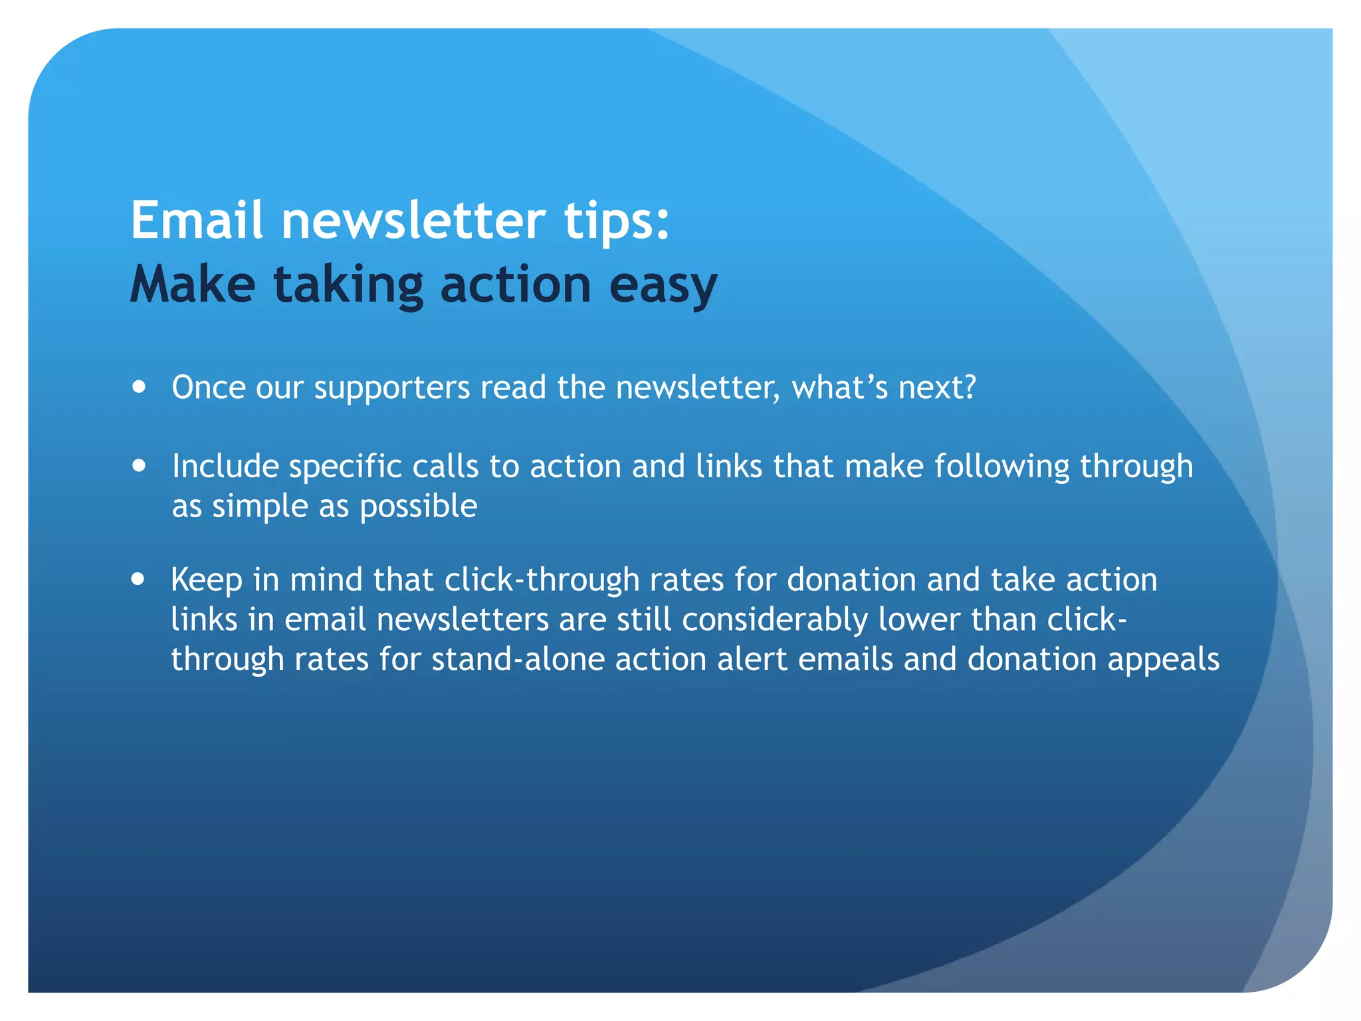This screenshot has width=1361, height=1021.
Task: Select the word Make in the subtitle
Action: click(193, 284)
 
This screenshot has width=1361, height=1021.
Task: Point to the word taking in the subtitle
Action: click(348, 284)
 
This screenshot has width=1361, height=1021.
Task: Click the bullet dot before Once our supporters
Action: click(139, 387)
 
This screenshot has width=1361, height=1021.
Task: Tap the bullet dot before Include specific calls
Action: click(139, 465)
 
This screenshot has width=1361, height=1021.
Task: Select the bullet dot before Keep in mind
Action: click(138, 579)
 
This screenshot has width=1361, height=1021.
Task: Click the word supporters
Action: click(392, 388)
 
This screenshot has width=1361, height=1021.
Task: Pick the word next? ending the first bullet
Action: click(937, 388)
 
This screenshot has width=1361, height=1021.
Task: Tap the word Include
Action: click(225, 466)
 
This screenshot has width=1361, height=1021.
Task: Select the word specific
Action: click(346, 467)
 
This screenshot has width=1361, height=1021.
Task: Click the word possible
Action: click(418, 507)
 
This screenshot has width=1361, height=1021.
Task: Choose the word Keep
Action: click(207, 580)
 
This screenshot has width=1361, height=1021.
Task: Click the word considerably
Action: click(775, 620)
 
